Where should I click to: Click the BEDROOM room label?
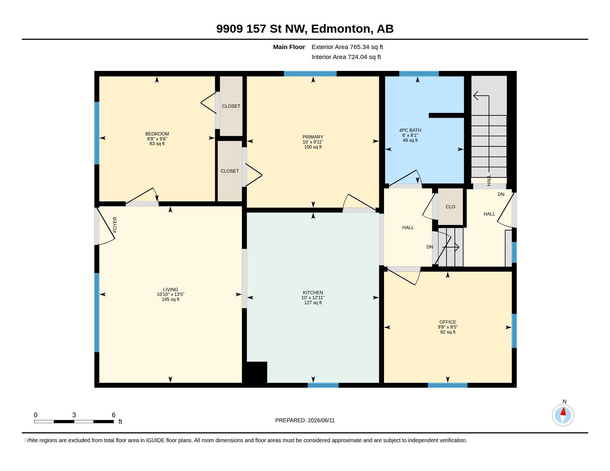pyautogui.click(x=157, y=134)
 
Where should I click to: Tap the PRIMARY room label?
pyautogui.click(x=313, y=137)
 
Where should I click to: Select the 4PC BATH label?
pyautogui.click(x=410, y=130)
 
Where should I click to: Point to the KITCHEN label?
pyautogui.click(x=313, y=293)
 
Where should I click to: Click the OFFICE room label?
pyautogui.click(x=448, y=322)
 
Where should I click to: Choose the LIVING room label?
pyautogui.click(x=170, y=290)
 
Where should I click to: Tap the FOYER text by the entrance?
pyautogui.click(x=115, y=225)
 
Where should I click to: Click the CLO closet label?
pyautogui.click(x=450, y=207)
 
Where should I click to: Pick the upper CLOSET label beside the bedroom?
pyautogui.click(x=231, y=106)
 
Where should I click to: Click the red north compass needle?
pyautogui.click(x=563, y=411)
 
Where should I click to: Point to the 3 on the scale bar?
pyautogui.click(x=74, y=415)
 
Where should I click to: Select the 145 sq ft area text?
pyautogui.click(x=170, y=300)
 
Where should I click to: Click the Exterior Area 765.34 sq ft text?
pyautogui.click(x=347, y=47)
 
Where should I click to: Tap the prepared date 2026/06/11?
pyautogui.click(x=321, y=420)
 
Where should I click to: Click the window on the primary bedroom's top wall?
pyautogui.click(x=310, y=74)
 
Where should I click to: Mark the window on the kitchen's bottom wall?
pyautogui.click(x=323, y=385)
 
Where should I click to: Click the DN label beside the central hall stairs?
pyautogui.click(x=429, y=247)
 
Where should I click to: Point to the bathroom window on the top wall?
pyautogui.click(x=419, y=74)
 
